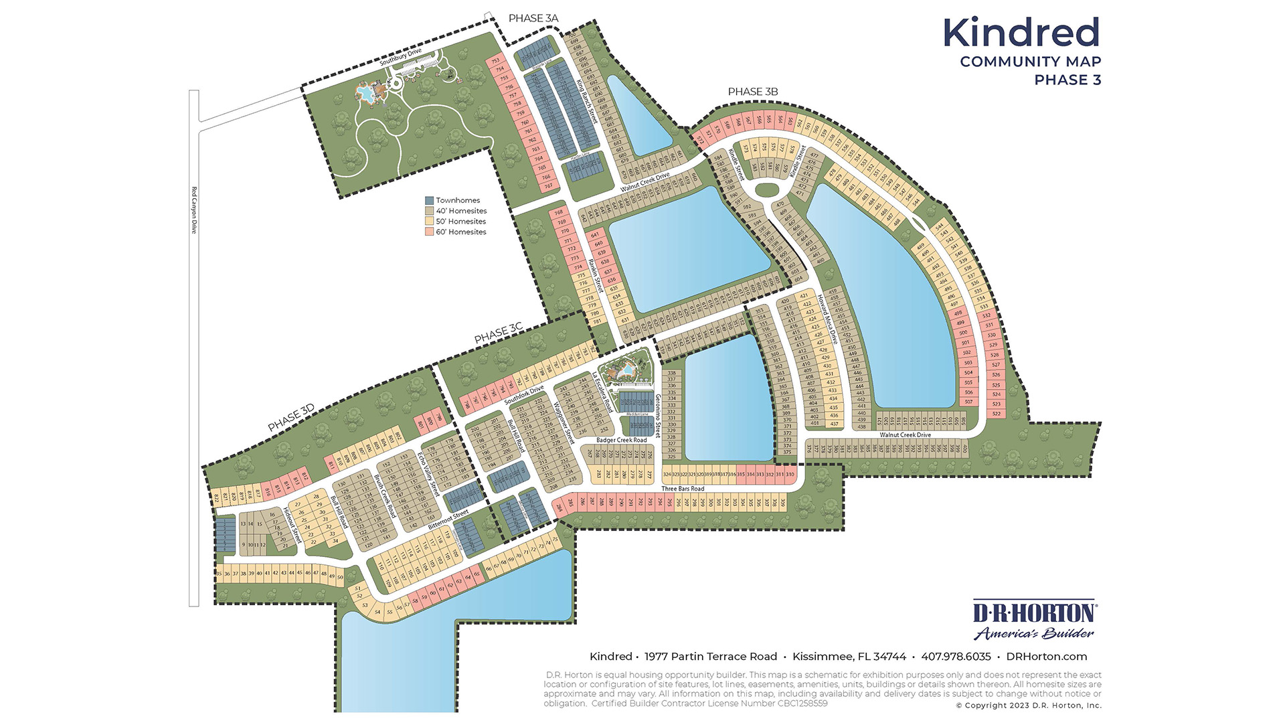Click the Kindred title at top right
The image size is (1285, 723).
[x=1021, y=32]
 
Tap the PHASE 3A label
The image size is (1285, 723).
[x=533, y=18]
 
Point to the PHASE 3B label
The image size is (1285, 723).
[x=752, y=92]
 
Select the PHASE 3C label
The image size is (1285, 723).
[x=498, y=333]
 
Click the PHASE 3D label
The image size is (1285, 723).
[x=290, y=418]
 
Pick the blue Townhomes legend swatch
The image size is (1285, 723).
[x=429, y=200]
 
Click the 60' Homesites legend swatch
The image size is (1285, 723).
[x=429, y=232]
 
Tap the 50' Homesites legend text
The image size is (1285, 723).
[x=460, y=222]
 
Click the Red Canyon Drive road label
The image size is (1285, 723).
[x=194, y=210]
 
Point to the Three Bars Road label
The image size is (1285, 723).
[x=683, y=489]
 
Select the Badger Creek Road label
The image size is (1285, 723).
[x=622, y=440]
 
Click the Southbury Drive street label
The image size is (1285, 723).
[x=400, y=57]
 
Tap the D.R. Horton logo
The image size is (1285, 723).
[x=1033, y=619]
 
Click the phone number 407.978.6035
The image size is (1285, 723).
[x=956, y=657]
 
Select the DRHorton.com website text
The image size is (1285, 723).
[x=1046, y=657]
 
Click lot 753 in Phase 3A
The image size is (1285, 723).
[x=495, y=61]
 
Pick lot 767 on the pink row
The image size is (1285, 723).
[x=548, y=186]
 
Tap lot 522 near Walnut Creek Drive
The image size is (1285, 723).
[x=997, y=414]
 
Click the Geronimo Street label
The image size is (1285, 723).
[x=657, y=415]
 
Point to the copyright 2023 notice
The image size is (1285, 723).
[x=1028, y=706]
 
